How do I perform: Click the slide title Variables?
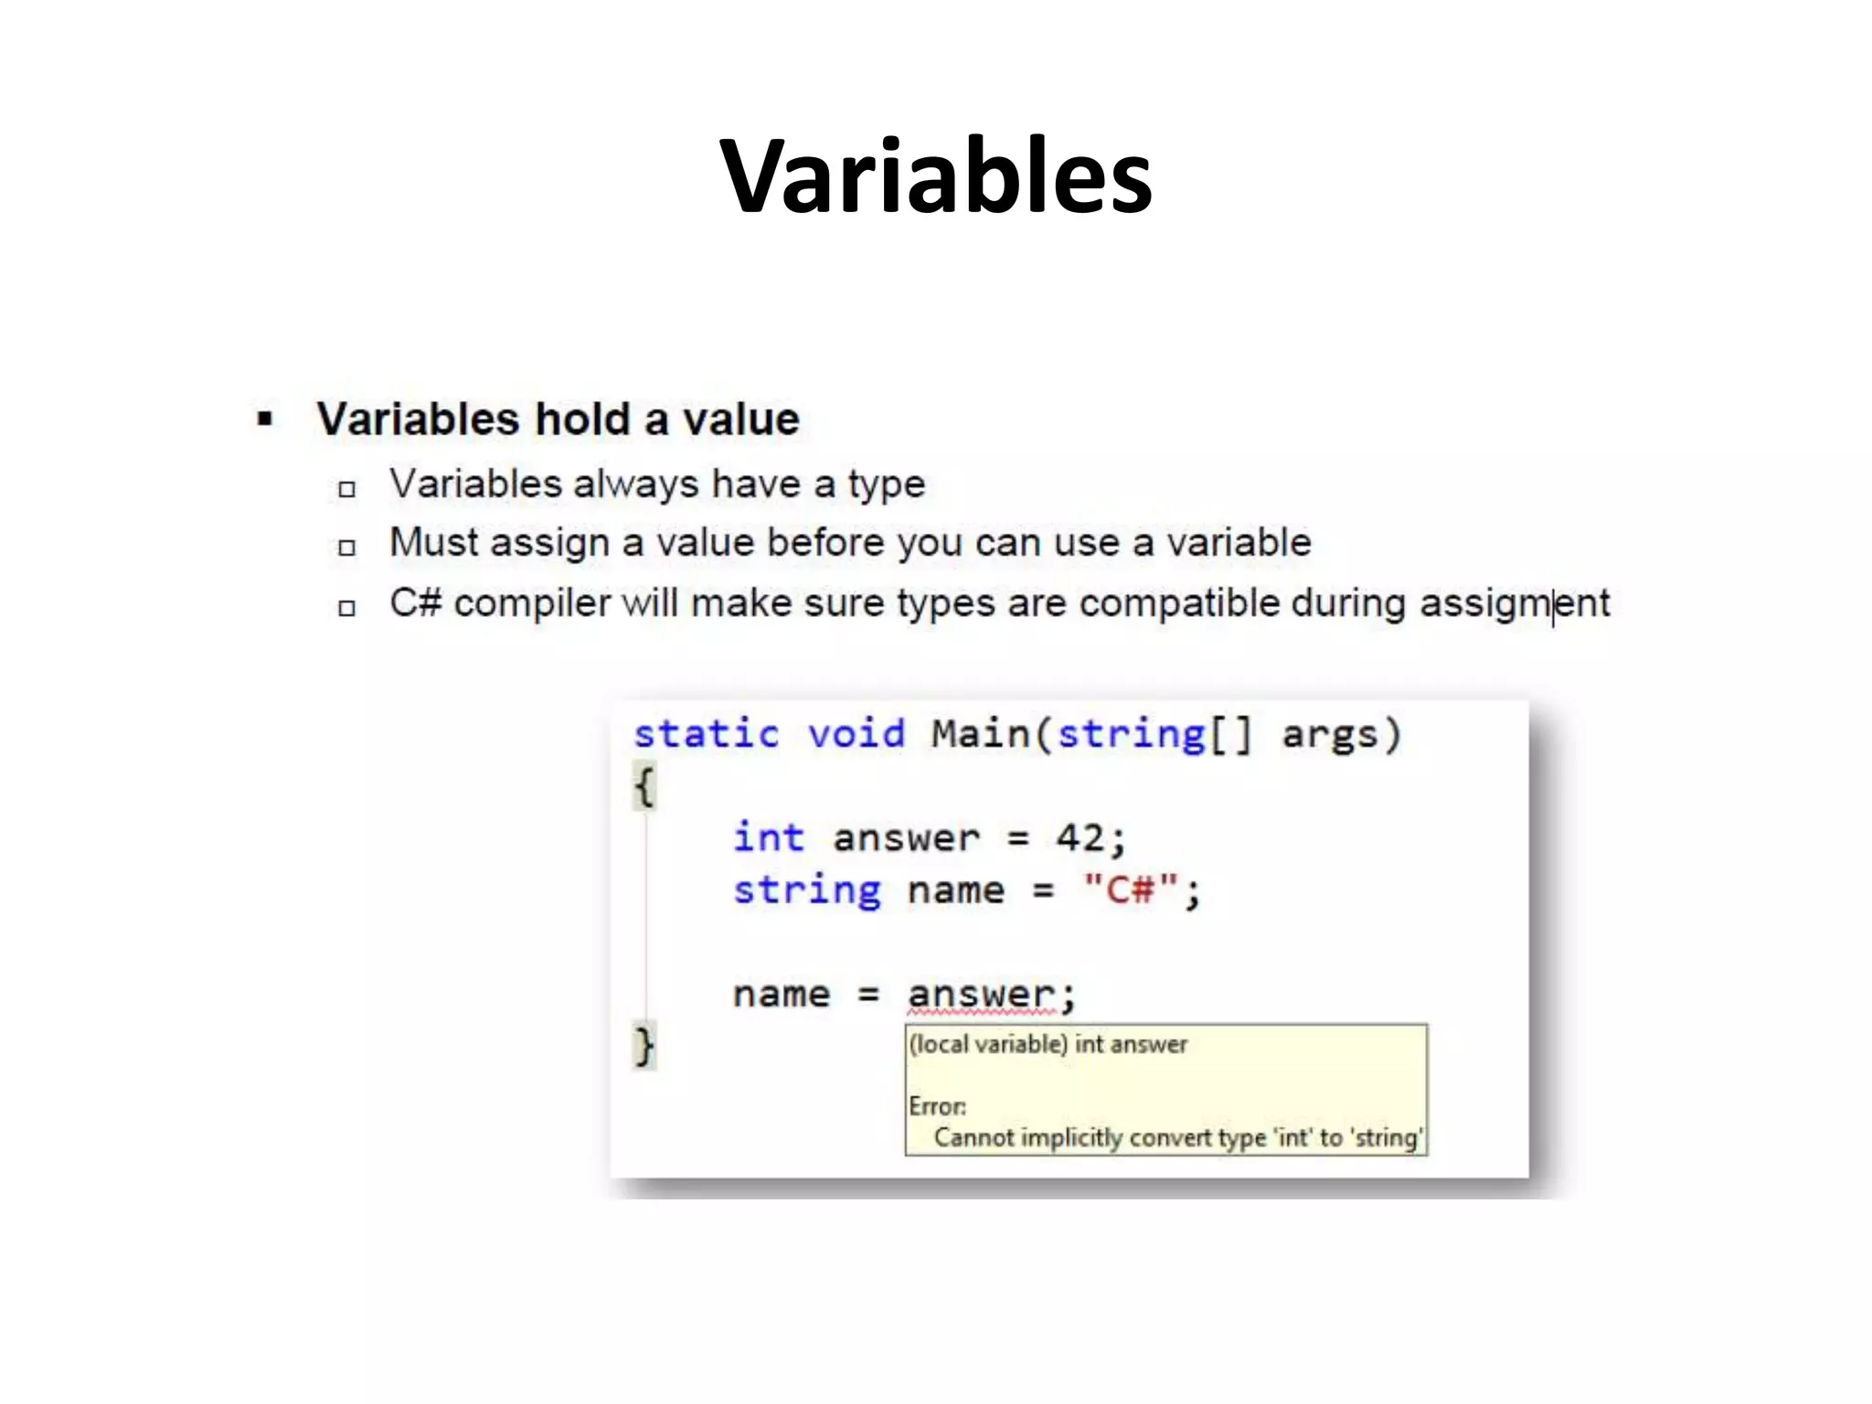935,175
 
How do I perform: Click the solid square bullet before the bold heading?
265,420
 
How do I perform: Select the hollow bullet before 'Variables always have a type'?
346,489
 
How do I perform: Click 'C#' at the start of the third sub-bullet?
416,603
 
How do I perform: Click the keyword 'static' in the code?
706,734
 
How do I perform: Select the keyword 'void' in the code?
856,734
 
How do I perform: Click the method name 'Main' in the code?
980,734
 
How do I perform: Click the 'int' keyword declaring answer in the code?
768,837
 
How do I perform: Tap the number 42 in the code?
1080,837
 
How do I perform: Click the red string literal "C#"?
1131,889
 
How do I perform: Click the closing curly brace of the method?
644,1046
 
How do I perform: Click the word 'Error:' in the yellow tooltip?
937,1106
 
